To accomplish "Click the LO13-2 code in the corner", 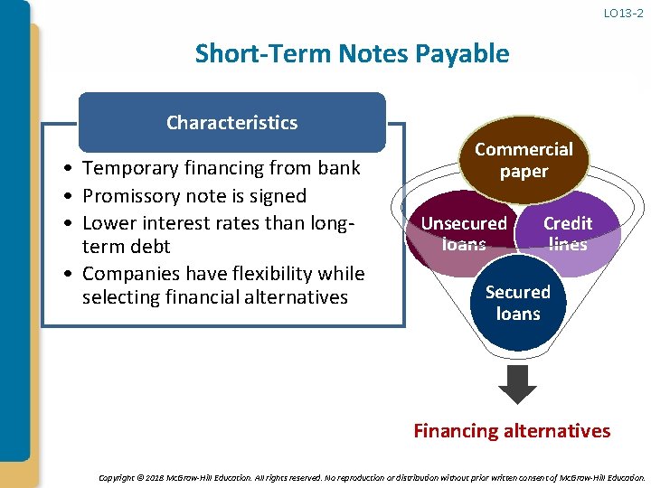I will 625,13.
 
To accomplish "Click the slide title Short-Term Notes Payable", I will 352,53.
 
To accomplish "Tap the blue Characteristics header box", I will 231,122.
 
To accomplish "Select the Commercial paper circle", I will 524,160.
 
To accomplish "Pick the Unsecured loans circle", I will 463,233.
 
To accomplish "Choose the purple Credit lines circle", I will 568,233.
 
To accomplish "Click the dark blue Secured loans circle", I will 517,304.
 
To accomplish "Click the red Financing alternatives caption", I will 512,431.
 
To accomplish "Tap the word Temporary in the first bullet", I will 127,168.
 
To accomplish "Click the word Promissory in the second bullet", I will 130,196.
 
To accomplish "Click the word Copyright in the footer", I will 115,477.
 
